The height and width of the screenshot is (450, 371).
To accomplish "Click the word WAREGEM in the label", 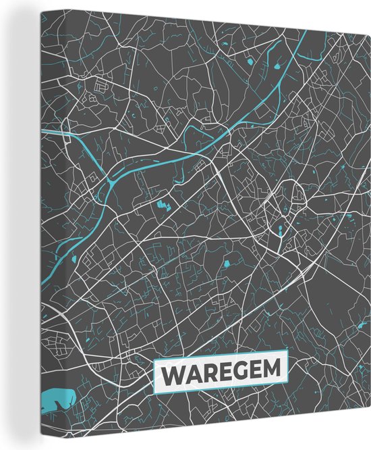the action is [x=221, y=373].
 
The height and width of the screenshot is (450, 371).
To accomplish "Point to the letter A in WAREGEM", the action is [x=191, y=374].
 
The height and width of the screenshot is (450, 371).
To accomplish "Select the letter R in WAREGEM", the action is [x=206, y=374].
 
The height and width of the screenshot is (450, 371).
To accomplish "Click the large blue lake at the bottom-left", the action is [x=57, y=400].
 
